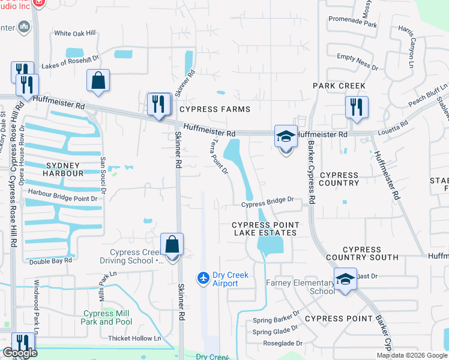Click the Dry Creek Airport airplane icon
click(203, 278)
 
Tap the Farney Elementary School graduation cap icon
click(345, 280)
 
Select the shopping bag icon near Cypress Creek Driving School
click(172, 245)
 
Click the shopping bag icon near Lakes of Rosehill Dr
click(98, 81)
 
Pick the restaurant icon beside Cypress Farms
click(158, 104)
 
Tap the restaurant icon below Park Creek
click(357, 107)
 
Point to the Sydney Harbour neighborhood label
click(62, 169)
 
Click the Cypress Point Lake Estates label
click(265, 228)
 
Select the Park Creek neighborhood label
click(339, 86)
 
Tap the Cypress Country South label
click(370, 253)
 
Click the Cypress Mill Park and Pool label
click(107, 317)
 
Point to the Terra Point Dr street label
click(220, 157)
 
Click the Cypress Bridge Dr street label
click(268, 204)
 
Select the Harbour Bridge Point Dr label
click(62, 198)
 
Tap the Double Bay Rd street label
click(50, 261)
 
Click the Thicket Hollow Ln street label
click(134, 338)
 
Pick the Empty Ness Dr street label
click(358, 62)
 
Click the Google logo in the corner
click(20, 353)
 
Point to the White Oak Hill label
click(75, 34)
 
